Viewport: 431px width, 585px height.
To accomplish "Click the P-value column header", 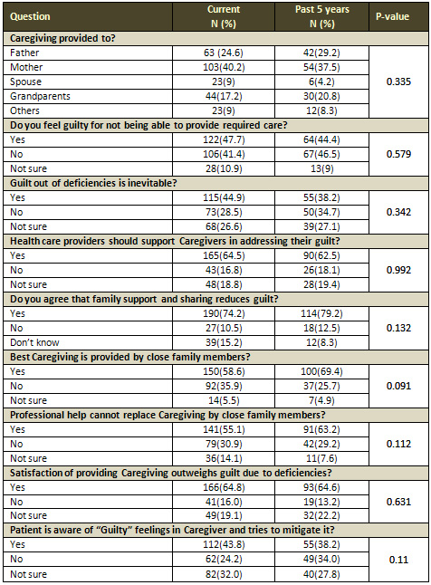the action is coord(393,16).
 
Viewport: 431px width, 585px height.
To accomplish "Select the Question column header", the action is coord(30,16).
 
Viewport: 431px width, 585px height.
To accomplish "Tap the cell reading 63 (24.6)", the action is coord(224,53).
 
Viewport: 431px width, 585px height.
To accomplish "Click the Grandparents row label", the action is coord(40,96).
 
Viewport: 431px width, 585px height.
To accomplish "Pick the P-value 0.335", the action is coord(398,82).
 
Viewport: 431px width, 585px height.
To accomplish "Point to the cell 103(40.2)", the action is coord(224,67).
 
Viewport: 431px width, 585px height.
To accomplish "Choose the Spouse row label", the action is coord(25,82).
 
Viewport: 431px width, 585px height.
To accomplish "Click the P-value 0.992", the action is coord(398,270).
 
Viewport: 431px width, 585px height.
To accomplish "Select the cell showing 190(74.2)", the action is coord(224,313).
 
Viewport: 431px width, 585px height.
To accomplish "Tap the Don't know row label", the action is coord(34,342).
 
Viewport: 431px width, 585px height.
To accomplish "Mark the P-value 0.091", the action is coord(398,386).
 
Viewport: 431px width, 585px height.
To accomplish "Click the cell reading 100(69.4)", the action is coord(321,371).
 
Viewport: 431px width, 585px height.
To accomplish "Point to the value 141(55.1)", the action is coord(224,429).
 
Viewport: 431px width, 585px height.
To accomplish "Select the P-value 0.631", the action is coord(398,502).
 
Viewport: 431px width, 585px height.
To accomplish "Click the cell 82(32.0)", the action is coord(224,574).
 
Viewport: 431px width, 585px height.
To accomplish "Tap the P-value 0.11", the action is coord(398,560).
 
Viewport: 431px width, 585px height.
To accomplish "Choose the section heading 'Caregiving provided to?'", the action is coord(63,38).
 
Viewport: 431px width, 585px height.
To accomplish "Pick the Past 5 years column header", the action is coord(321,16).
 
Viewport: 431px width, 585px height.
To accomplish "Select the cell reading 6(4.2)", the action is coord(321,82).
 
